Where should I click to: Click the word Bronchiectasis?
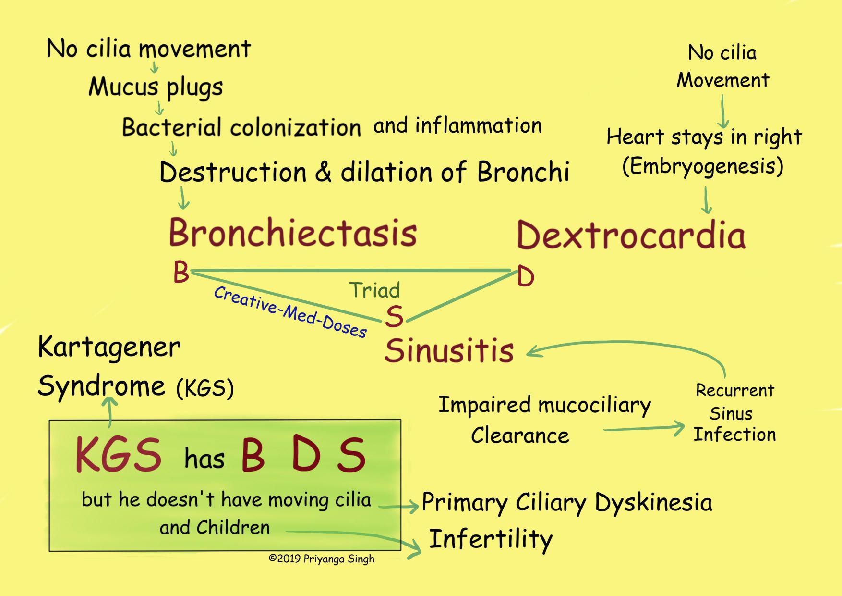293,233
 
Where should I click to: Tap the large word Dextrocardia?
631,236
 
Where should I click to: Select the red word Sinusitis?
449,350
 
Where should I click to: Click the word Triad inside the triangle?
374,290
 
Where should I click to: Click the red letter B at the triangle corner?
181,273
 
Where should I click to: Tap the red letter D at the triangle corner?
526,277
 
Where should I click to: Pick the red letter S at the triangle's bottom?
394,317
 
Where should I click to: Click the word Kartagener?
109,347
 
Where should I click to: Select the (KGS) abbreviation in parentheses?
205,388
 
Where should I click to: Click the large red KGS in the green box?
118,455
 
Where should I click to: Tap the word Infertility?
490,539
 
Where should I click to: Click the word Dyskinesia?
653,503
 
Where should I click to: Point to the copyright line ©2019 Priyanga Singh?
321,559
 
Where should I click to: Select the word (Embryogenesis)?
703,166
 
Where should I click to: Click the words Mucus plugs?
156,87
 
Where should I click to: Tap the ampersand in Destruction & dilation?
323,173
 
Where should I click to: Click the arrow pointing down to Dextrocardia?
706,200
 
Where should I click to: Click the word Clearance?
520,435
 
